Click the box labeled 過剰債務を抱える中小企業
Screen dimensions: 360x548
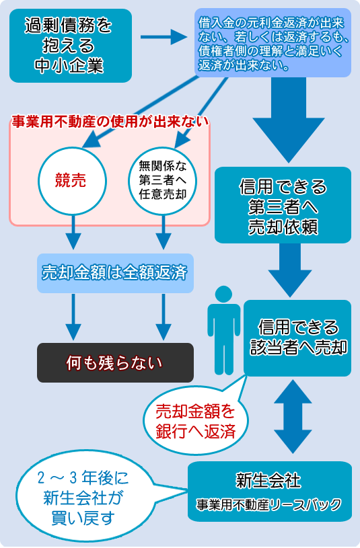pos(71,46)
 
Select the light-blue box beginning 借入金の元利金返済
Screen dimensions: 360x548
pos(273,43)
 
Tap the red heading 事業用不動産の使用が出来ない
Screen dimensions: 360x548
pos(110,122)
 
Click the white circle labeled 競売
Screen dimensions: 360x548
pos(72,181)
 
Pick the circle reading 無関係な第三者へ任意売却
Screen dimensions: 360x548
pos(163,180)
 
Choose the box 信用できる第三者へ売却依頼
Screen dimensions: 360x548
pos(283,205)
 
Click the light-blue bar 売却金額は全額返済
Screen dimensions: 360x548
pos(116,273)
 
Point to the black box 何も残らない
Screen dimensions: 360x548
pos(116,363)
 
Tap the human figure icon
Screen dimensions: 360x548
pos(224,330)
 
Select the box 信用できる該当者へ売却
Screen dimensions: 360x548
pos(297,338)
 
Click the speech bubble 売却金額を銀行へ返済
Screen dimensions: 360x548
pos(196,420)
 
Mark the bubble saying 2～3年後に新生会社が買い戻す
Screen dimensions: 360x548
pos(84,497)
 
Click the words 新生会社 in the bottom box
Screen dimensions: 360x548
pos(268,481)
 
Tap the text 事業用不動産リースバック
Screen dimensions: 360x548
pos(268,505)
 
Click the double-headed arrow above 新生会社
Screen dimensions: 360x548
pos(293,417)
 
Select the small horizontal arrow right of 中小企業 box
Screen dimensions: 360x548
pos(164,37)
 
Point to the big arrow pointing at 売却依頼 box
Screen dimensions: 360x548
pos(289,120)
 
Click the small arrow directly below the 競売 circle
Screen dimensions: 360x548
pos(73,233)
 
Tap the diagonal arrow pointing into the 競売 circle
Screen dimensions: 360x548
pos(140,112)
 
